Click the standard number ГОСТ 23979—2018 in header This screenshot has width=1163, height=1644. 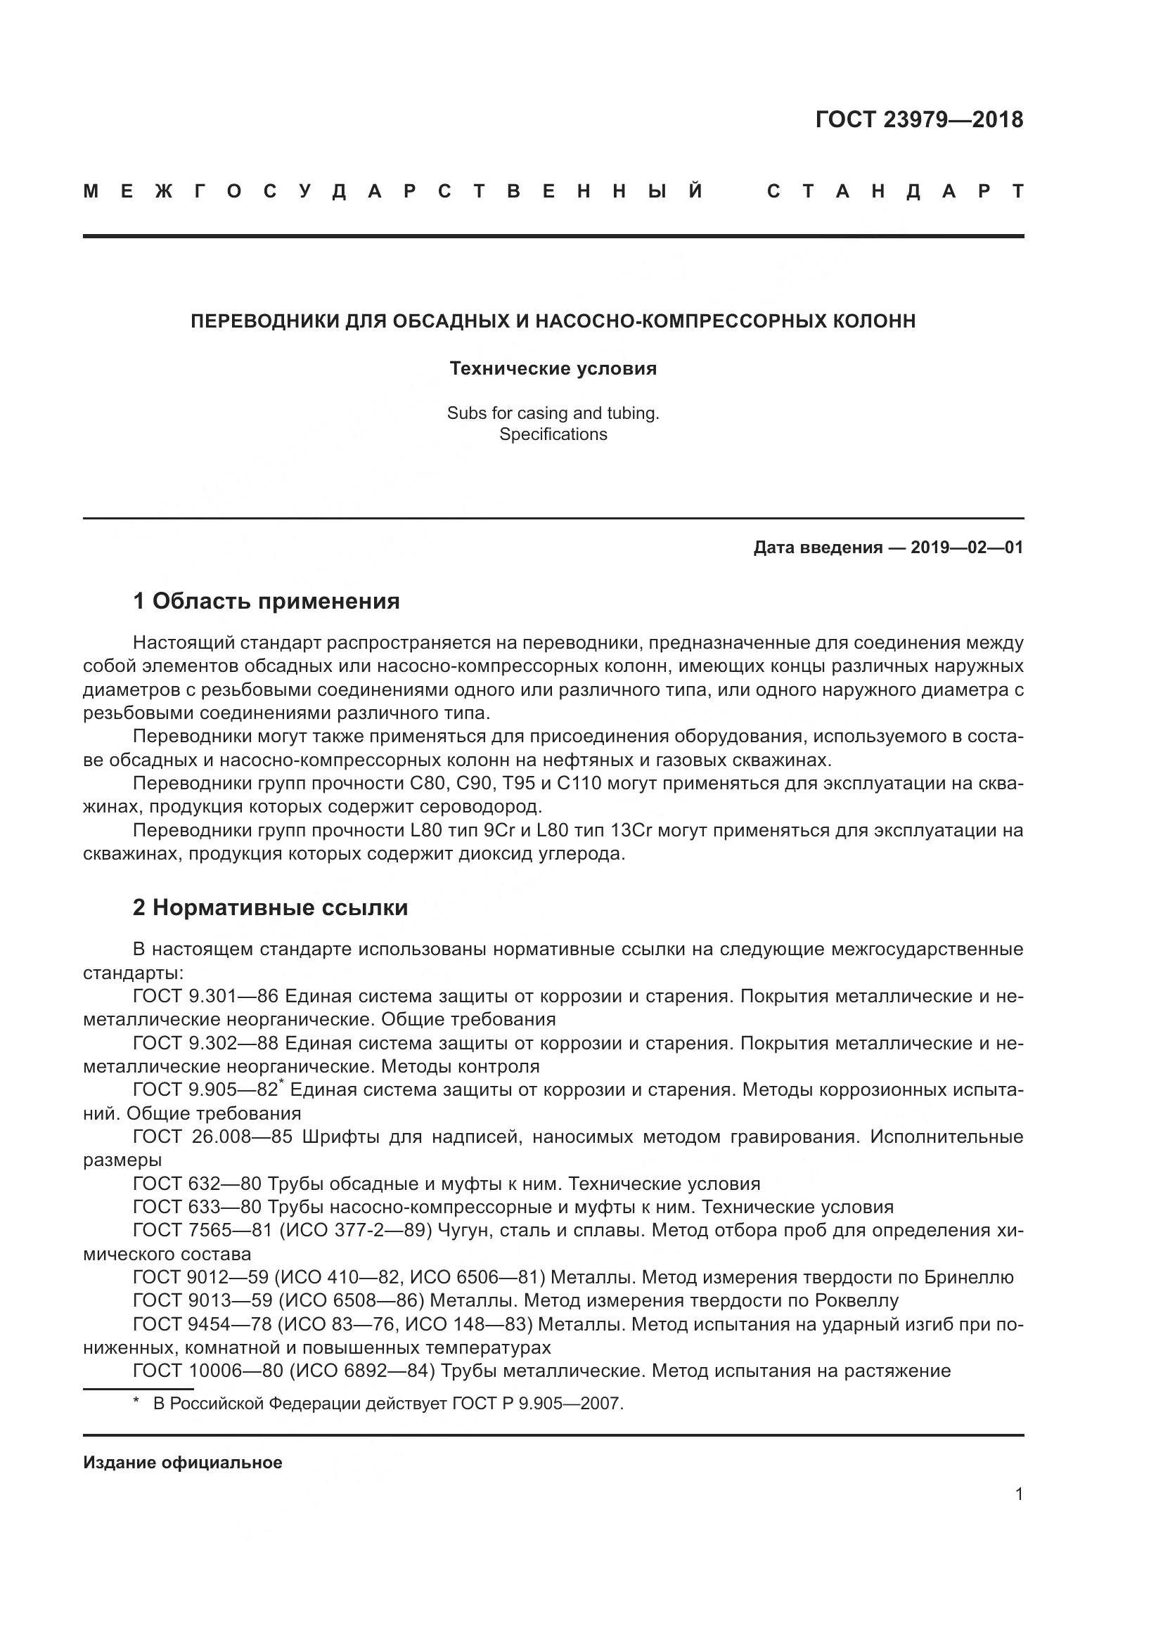click(919, 119)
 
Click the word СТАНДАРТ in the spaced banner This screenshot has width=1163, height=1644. click(895, 191)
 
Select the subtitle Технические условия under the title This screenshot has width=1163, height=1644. click(553, 369)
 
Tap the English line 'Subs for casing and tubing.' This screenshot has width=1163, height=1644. click(553, 413)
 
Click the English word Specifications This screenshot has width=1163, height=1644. click(553, 434)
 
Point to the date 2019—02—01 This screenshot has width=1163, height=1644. click(966, 548)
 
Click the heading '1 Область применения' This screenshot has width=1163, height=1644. click(266, 601)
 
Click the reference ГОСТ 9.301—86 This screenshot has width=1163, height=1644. click(205, 996)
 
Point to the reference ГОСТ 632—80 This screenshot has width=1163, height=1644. click(197, 1184)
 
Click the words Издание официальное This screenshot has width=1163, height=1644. click(183, 1462)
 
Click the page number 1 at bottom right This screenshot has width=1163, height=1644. click(1018, 1494)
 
